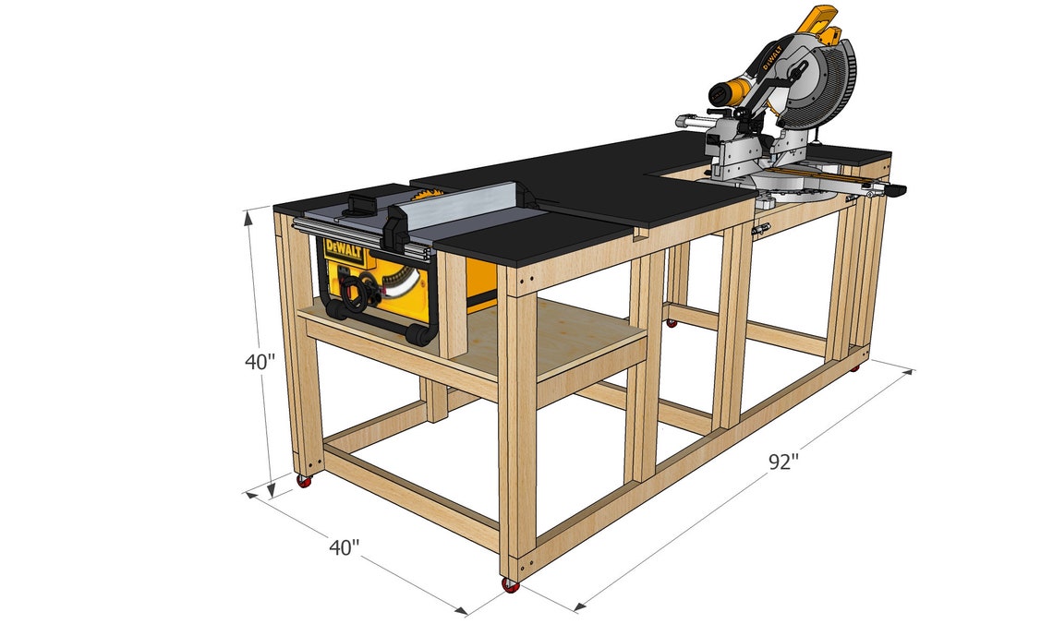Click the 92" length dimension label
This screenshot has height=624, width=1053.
pyautogui.click(x=781, y=462)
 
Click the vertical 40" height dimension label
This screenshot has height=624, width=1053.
pyautogui.click(x=260, y=362)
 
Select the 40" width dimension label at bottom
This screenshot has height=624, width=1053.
pyautogui.click(x=344, y=547)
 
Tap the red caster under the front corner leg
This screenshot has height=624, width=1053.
pyautogui.click(x=510, y=585)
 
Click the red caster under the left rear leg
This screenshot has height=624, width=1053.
pyautogui.click(x=303, y=481)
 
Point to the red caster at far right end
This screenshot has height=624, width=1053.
pyautogui.click(x=854, y=367)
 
